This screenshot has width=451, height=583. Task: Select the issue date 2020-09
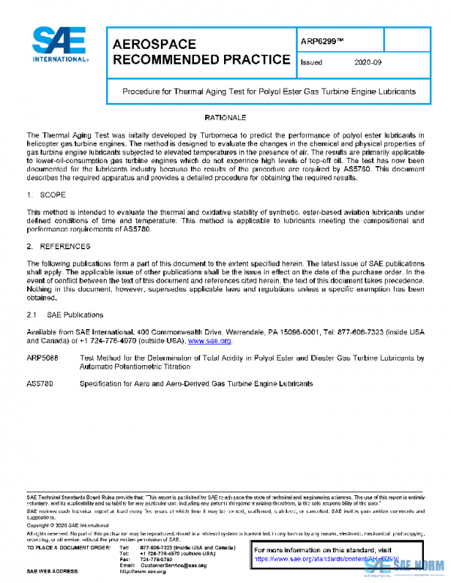coord(368,63)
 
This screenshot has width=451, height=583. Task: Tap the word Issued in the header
coord(311,63)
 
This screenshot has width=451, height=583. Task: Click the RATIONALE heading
coord(225,119)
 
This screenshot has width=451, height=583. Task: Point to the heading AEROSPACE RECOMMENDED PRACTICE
coord(200,51)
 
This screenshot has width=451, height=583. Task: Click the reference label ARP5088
coord(42,358)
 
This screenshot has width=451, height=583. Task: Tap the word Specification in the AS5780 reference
coord(102,383)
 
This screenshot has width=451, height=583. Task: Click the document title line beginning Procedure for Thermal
coord(268,92)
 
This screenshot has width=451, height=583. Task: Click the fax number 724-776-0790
coord(156,559)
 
